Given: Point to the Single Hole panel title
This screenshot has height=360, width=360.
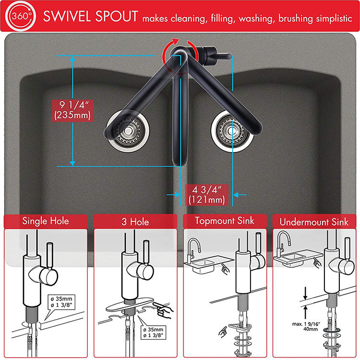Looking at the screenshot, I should tap(46, 221).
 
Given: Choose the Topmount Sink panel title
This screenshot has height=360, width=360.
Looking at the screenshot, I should tap(225, 221).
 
